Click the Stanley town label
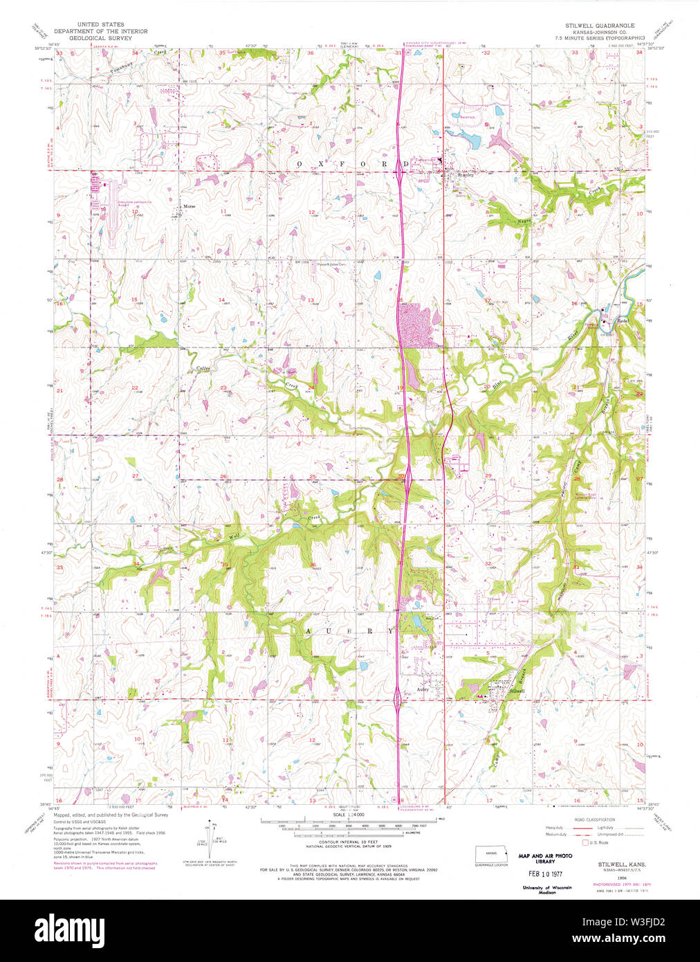coord(466,176)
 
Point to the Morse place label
coord(189,206)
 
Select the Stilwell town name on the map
coord(517,691)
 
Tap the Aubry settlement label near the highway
coord(424,689)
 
